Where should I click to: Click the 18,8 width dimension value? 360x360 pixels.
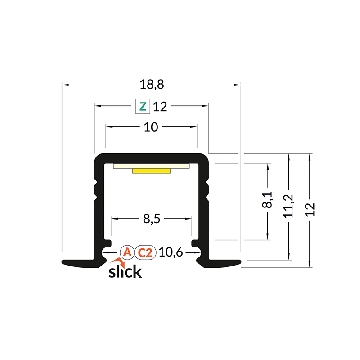tap(151, 84)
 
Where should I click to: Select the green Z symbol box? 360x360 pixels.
tap(143, 107)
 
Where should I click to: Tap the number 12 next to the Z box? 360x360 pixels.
tap(160, 107)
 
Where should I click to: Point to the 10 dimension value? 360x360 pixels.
tap(151, 128)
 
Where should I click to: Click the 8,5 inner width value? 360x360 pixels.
tap(151, 219)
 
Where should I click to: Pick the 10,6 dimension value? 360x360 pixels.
tap(171, 253)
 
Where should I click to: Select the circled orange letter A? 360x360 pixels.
tap(127, 253)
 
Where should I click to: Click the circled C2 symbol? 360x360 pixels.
tap(145, 253)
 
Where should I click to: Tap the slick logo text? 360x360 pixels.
tap(126, 272)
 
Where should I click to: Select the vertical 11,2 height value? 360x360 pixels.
tap(289, 206)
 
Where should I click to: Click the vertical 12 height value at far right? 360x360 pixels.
tap(310, 209)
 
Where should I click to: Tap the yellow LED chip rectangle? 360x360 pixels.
tap(152, 171)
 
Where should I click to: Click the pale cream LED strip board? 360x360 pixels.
tap(152, 166)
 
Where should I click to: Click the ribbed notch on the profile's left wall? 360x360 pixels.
tap(95, 189)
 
